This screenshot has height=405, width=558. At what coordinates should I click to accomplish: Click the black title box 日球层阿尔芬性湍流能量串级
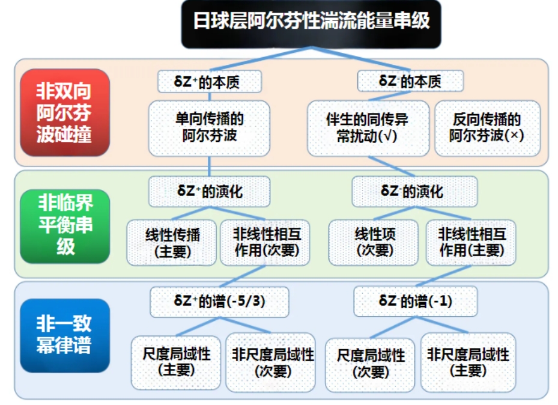[x=311, y=23]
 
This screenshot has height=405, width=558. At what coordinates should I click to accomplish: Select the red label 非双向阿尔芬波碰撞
[x=65, y=113]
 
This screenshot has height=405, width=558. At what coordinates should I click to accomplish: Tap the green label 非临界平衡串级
[x=65, y=227]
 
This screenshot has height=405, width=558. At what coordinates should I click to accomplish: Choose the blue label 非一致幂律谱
[x=65, y=336]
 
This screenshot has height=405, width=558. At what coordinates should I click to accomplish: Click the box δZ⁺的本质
[x=210, y=82]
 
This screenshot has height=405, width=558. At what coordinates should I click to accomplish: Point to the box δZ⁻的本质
[x=410, y=81]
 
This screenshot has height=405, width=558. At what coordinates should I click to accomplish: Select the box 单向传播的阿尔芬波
[x=209, y=128]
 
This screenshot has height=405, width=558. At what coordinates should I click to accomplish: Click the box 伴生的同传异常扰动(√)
[x=368, y=128]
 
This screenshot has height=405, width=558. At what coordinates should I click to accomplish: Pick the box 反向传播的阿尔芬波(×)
[x=488, y=128]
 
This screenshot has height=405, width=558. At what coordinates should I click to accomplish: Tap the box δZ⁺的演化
[x=209, y=192]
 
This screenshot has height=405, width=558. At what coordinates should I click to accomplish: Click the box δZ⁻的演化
[x=414, y=192]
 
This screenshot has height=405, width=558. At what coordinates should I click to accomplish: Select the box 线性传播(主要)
[x=172, y=243]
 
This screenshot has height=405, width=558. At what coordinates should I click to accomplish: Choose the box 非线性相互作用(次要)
[x=265, y=243]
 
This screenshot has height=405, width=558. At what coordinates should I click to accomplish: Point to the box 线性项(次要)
[x=374, y=243]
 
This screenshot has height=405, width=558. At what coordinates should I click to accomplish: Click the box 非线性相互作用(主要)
[x=471, y=243]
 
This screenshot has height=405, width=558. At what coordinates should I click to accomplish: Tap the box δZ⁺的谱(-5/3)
[x=220, y=302]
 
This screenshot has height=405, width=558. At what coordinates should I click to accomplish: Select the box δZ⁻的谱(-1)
[x=415, y=302]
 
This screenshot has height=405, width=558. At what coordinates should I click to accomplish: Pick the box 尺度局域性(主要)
[x=176, y=363]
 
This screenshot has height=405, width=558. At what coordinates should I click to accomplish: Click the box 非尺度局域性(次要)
[x=270, y=363]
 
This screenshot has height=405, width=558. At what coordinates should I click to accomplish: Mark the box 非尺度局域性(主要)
[x=469, y=363]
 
